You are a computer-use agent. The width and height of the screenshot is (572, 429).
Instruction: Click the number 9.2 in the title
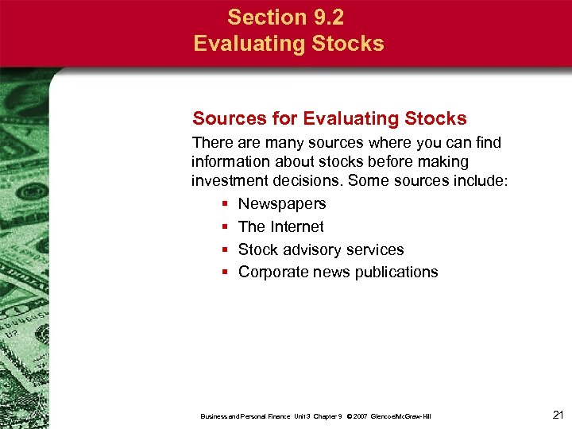tap(327, 17)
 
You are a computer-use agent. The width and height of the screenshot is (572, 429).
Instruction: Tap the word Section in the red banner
tap(265, 17)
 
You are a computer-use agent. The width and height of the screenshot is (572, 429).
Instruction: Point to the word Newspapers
tap(282, 204)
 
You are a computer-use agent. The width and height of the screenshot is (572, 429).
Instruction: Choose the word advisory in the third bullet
tap(312, 249)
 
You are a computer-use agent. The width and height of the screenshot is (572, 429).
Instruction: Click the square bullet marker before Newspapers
tap(226, 204)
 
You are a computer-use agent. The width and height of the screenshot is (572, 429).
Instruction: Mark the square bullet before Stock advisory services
tap(226, 249)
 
